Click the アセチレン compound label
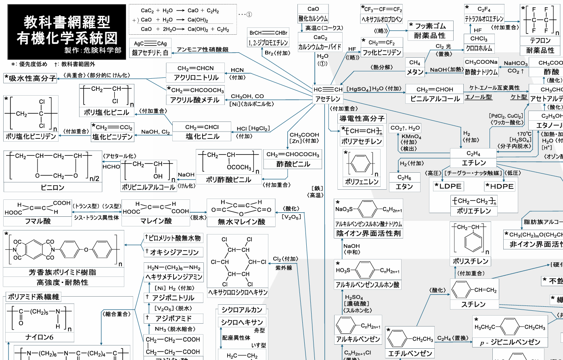tap(327, 99)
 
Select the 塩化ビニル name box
tap(202, 136)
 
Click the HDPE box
tap(500, 186)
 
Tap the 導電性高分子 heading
tap(362, 119)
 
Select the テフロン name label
tap(540, 41)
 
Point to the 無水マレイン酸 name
tap(241, 221)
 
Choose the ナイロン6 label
tap(40, 337)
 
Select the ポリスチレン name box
tap(470, 261)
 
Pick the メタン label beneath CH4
tap(415, 72)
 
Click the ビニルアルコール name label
tap(435, 99)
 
